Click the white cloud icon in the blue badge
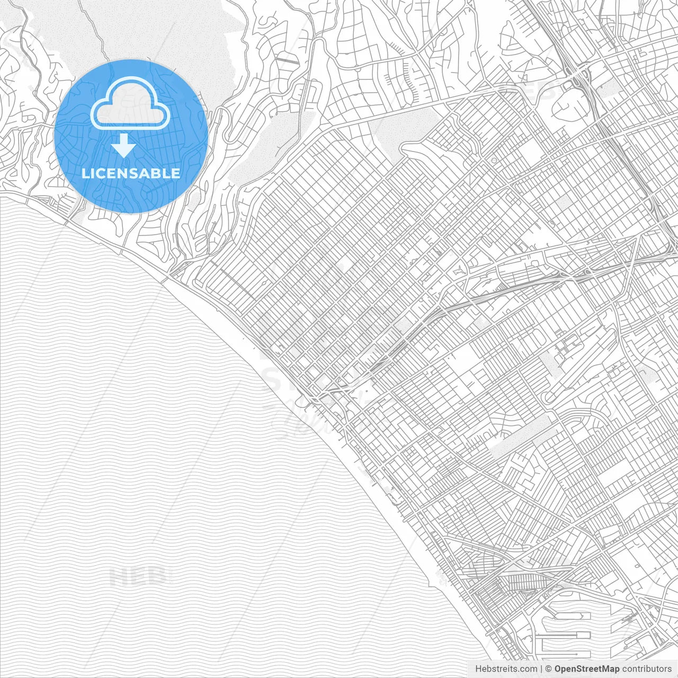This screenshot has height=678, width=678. [x=130, y=106]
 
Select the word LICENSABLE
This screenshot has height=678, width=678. [x=131, y=173]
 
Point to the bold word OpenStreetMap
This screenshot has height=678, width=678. [x=587, y=669]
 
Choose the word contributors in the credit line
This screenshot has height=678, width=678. [x=647, y=669]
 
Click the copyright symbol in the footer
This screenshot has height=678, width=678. [x=549, y=669]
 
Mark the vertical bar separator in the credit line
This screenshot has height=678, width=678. [x=541, y=669]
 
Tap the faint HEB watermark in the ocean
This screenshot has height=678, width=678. [x=140, y=576]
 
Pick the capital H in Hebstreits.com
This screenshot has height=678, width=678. [x=478, y=669]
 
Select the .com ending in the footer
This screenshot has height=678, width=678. [x=528, y=669]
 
